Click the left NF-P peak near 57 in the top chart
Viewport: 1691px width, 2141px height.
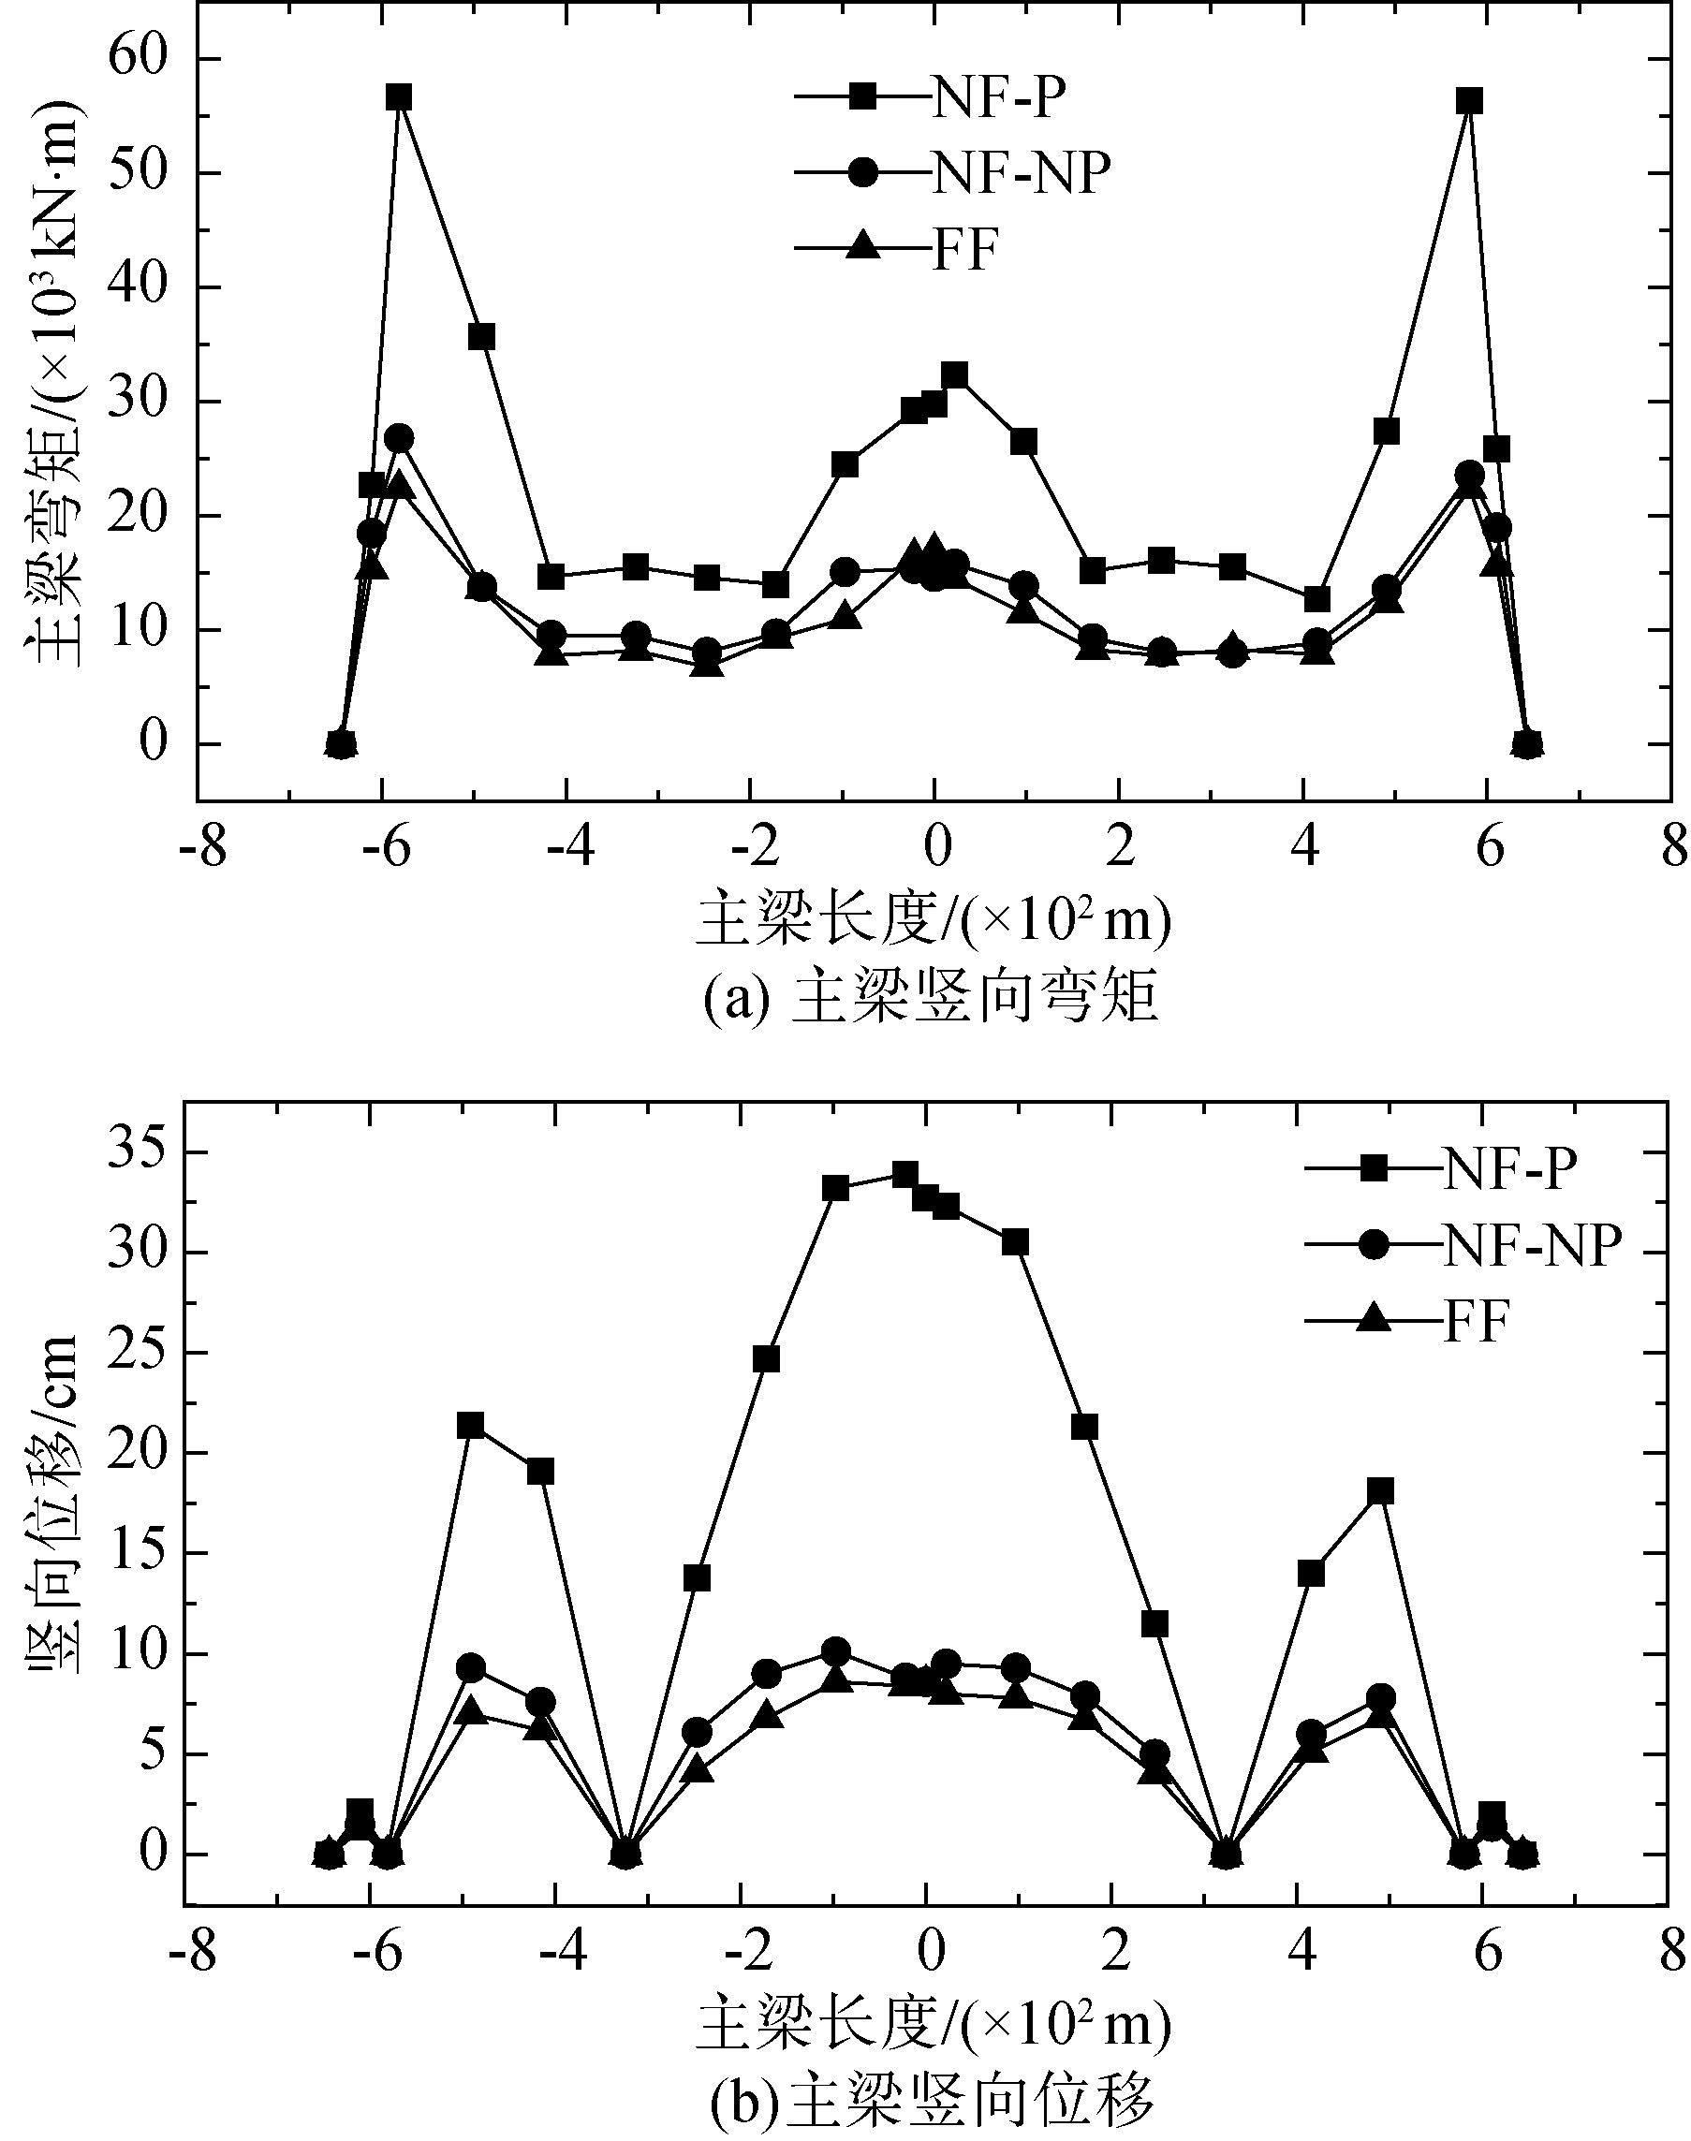click(399, 97)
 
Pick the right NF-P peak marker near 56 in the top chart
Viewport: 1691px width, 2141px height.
click(1469, 101)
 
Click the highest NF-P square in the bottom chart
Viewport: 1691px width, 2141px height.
click(904, 1174)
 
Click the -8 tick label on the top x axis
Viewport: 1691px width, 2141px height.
click(203, 849)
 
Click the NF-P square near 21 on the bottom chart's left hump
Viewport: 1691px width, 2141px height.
click(471, 1426)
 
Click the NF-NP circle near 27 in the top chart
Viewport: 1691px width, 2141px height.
click(399, 438)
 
